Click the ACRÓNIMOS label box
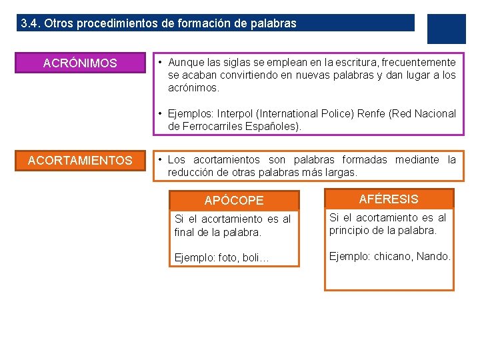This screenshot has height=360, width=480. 80,63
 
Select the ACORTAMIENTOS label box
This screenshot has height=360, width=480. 80,161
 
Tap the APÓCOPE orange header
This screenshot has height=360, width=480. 234,200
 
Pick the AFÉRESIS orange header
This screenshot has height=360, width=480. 389,199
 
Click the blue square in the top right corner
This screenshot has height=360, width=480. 446,29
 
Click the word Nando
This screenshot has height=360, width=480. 435,256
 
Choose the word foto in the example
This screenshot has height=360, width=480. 228,258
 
